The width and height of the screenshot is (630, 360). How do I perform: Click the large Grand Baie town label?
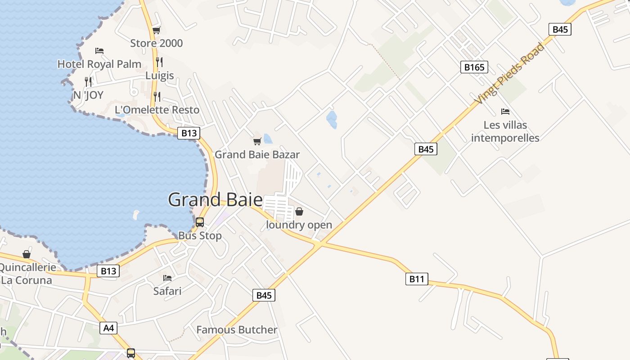tap(215, 200)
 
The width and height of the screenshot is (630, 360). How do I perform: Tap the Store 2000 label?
tap(157, 43)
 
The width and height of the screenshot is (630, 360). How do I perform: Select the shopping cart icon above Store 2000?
tap(156, 30)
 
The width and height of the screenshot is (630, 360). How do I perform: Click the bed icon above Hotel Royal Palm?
tap(99, 51)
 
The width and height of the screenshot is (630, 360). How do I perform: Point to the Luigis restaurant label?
tap(159, 75)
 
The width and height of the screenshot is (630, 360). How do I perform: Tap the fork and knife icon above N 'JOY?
tap(88, 81)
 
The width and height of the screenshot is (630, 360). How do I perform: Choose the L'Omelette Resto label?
tap(157, 110)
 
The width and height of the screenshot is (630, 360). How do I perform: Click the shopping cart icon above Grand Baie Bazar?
tap(257, 142)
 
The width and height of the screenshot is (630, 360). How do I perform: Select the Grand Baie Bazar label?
tap(257, 155)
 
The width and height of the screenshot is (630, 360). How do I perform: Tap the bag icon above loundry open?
tap(299, 211)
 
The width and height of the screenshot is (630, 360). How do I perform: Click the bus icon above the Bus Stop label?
tap(200, 222)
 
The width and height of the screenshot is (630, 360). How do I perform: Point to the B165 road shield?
tap(474, 67)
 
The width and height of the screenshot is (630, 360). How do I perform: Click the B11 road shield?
tap(417, 279)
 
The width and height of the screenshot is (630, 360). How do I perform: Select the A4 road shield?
tap(109, 328)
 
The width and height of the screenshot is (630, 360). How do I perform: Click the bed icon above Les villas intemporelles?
tap(505, 112)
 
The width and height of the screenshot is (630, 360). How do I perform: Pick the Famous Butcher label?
tap(237, 330)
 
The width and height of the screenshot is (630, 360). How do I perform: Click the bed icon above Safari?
tap(167, 278)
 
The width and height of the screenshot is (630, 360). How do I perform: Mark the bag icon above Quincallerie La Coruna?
tap(27, 255)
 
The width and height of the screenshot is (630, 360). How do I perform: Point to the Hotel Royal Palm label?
tap(99, 64)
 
